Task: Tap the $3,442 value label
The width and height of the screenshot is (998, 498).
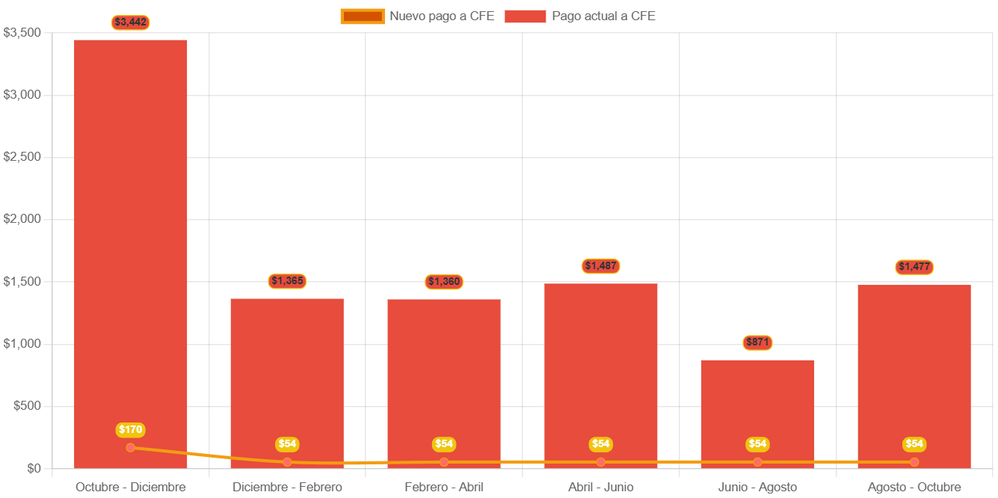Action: (131, 22)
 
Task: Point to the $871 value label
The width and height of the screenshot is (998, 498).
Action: (757, 342)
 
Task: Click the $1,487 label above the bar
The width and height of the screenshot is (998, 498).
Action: (601, 266)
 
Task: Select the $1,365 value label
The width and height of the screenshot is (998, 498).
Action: (287, 281)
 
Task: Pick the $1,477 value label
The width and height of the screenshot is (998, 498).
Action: (914, 267)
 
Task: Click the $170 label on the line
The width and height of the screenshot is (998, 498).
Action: (131, 430)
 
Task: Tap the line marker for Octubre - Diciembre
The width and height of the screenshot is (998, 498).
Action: (131, 448)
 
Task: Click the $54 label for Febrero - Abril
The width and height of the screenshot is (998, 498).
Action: (444, 444)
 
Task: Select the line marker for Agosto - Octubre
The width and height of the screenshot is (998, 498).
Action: (914, 462)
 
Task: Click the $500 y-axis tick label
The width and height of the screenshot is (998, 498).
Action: (27, 406)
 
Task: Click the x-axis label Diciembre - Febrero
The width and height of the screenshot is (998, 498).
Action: (287, 488)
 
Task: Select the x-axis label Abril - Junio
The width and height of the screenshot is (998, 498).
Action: (601, 488)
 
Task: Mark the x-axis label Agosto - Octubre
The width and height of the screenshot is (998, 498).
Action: (914, 488)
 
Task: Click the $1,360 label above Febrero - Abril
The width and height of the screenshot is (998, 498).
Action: (444, 282)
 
